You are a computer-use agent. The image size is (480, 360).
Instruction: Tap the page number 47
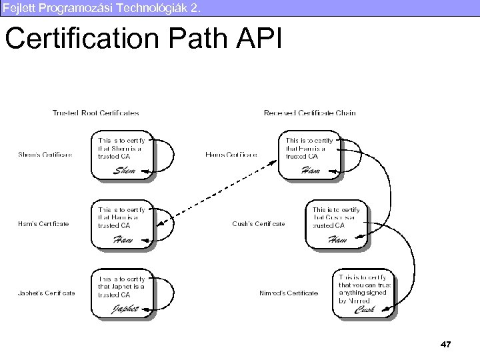(x=446, y=344)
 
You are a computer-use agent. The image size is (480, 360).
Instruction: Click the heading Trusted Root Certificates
(x=96, y=113)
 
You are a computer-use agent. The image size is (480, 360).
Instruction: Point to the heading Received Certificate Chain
(x=310, y=113)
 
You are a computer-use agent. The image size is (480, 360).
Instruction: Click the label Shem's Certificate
(x=45, y=155)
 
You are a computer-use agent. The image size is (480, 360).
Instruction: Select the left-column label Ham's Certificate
(x=43, y=224)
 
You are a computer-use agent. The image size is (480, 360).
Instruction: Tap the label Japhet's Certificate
(x=47, y=293)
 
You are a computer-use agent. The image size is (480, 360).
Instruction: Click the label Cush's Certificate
(x=259, y=224)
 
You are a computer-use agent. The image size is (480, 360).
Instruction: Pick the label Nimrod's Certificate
(x=289, y=293)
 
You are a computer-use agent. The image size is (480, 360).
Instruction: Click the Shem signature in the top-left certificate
(x=125, y=171)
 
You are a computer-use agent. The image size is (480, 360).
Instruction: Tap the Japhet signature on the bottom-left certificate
(x=125, y=309)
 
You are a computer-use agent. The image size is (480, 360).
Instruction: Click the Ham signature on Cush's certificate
(x=338, y=240)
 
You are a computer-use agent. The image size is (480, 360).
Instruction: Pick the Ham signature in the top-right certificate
(x=311, y=171)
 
